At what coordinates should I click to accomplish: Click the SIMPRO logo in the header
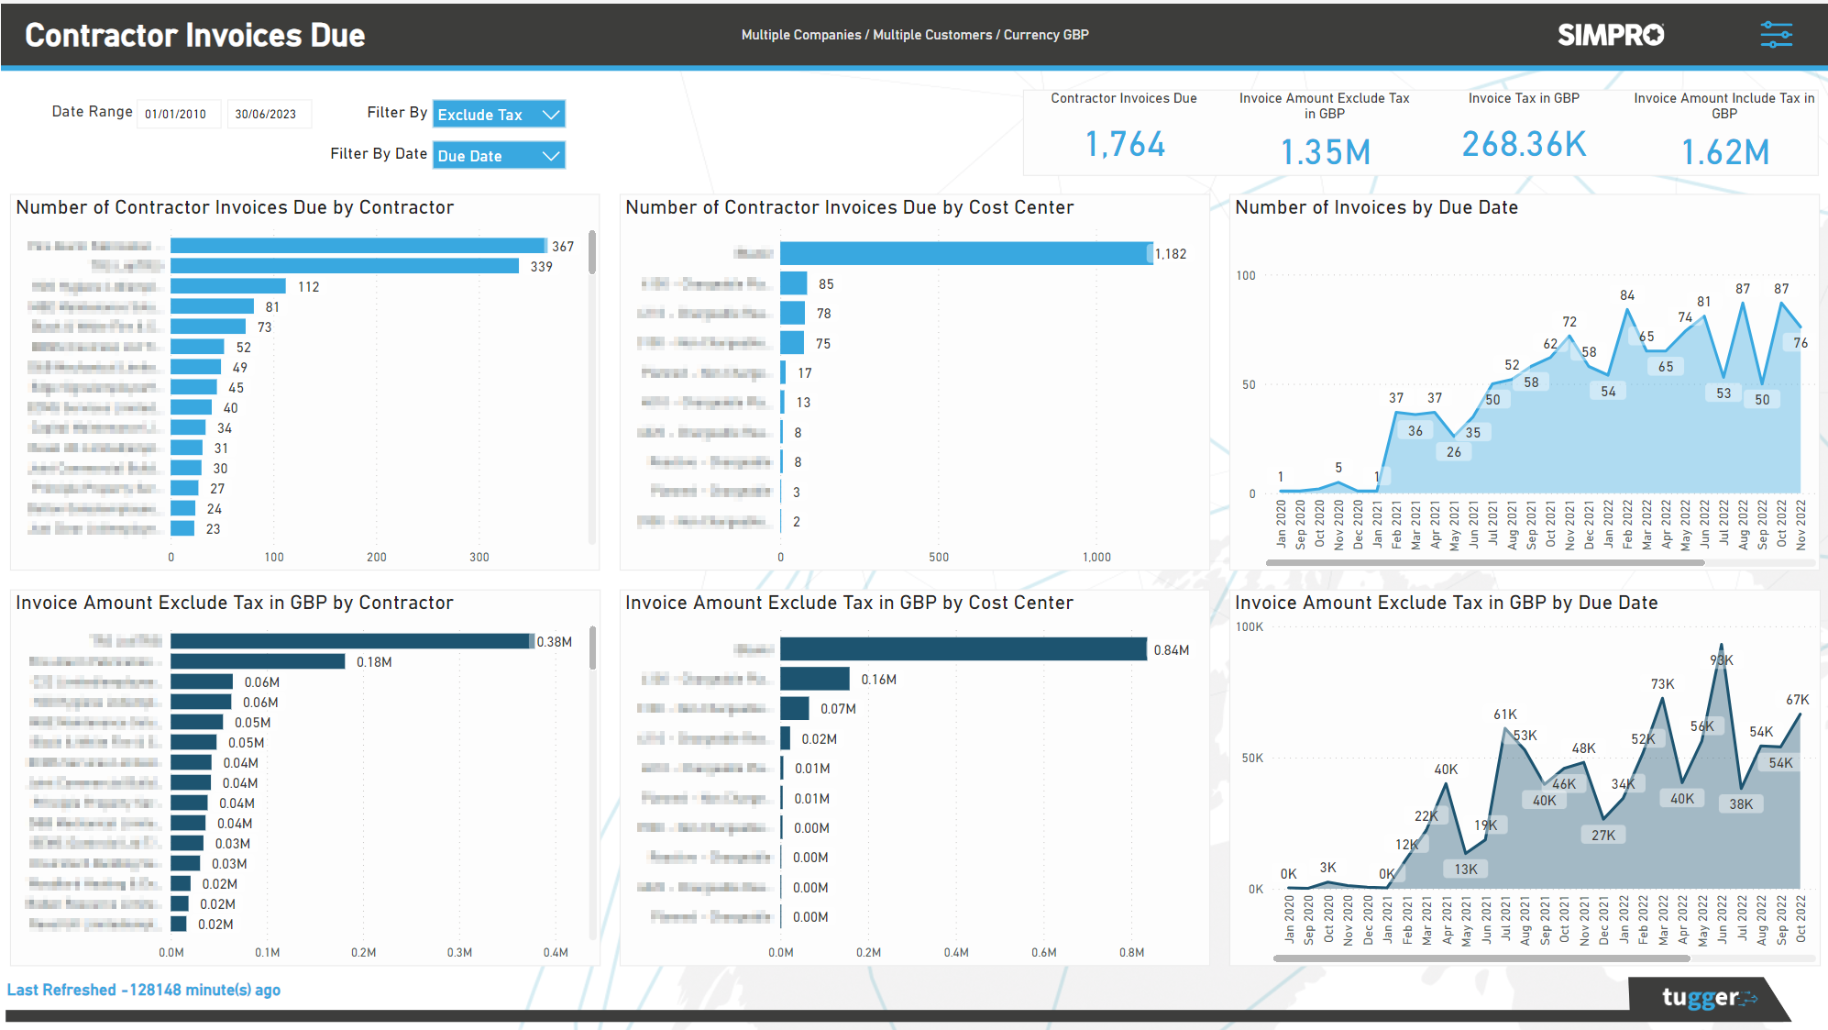point(1610,35)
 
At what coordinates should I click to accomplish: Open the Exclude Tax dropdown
point(498,115)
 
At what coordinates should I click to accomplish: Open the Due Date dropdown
point(498,156)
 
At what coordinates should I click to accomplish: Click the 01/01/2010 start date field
point(177,115)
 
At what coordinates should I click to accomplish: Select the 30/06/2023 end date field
point(267,115)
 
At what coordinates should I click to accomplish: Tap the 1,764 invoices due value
point(1125,145)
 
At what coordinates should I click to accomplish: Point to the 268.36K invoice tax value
point(1523,145)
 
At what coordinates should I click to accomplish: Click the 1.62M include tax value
point(1724,152)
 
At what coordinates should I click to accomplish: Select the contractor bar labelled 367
point(358,246)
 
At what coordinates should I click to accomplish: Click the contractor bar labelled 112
point(227,286)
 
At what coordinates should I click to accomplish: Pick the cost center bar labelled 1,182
point(964,254)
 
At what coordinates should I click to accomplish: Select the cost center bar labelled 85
point(793,283)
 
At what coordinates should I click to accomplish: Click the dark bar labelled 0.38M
point(350,641)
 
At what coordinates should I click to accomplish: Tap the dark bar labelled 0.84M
point(963,649)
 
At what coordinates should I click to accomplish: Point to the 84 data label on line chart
point(1627,295)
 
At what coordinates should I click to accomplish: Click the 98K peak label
point(1722,660)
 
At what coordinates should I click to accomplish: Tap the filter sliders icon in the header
point(1776,35)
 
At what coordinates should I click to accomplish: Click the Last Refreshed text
point(144,990)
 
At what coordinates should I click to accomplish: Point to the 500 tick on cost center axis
point(939,557)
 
